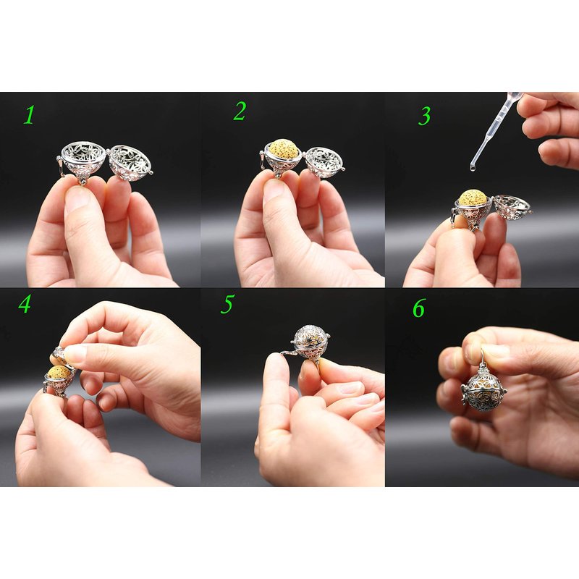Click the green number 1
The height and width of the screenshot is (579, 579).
click(x=29, y=114)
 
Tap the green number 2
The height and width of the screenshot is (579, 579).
click(x=240, y=111)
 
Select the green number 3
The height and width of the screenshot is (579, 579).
click(x=425, y=116)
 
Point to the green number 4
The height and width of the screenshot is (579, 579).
click(x=25, y=304)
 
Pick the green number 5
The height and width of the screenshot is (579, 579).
click(x=227, y=304)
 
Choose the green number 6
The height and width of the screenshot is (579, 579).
click(x=419, y=308)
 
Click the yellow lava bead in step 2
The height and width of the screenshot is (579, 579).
click(x=283, y=149)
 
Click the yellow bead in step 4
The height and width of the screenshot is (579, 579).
click(x=59, y=372)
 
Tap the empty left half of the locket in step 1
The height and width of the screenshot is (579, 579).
click(x=83, y=161)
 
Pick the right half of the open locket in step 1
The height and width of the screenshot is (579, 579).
click(x=130, y=163)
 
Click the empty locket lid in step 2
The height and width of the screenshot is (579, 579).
click(x=324, y=162)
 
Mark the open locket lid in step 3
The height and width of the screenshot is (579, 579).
click(x=512, y=208)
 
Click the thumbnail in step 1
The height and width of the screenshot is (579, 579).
click(x=77, y=198)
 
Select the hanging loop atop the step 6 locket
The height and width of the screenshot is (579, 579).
click(x=483, y=356)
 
